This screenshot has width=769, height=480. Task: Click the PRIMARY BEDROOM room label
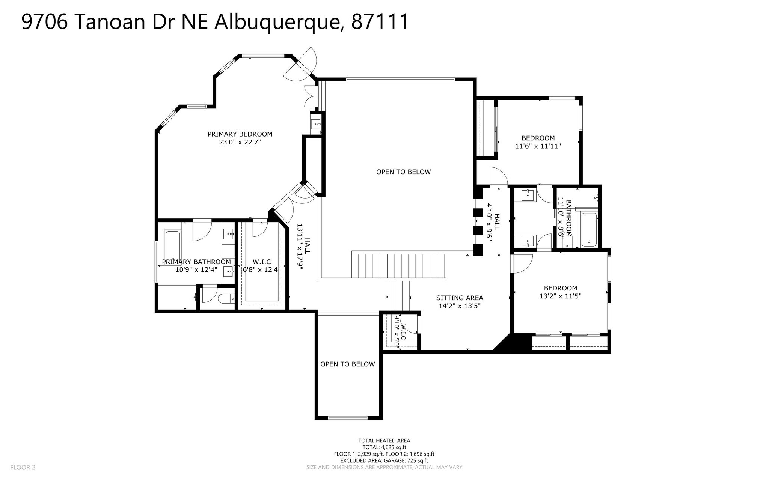pos(240,134)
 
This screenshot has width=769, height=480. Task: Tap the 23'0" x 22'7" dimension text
pos(240,142)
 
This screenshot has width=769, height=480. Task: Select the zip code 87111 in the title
pos(380,22)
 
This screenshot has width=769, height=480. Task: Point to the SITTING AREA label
pos(460,298)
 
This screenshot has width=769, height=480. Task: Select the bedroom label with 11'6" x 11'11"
pos(538,138)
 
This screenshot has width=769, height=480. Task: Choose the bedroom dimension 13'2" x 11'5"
pos(560,296)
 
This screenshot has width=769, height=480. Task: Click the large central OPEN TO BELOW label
pos(403,172)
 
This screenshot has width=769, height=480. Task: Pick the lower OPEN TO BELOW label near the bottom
pos(347,364)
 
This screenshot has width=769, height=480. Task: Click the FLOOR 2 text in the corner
pos(23,468)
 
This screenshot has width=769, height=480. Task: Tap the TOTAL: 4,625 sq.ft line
pos(384,447)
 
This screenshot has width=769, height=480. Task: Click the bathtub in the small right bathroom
pos(588,230)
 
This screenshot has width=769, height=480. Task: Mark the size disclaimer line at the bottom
pos(384,468)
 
